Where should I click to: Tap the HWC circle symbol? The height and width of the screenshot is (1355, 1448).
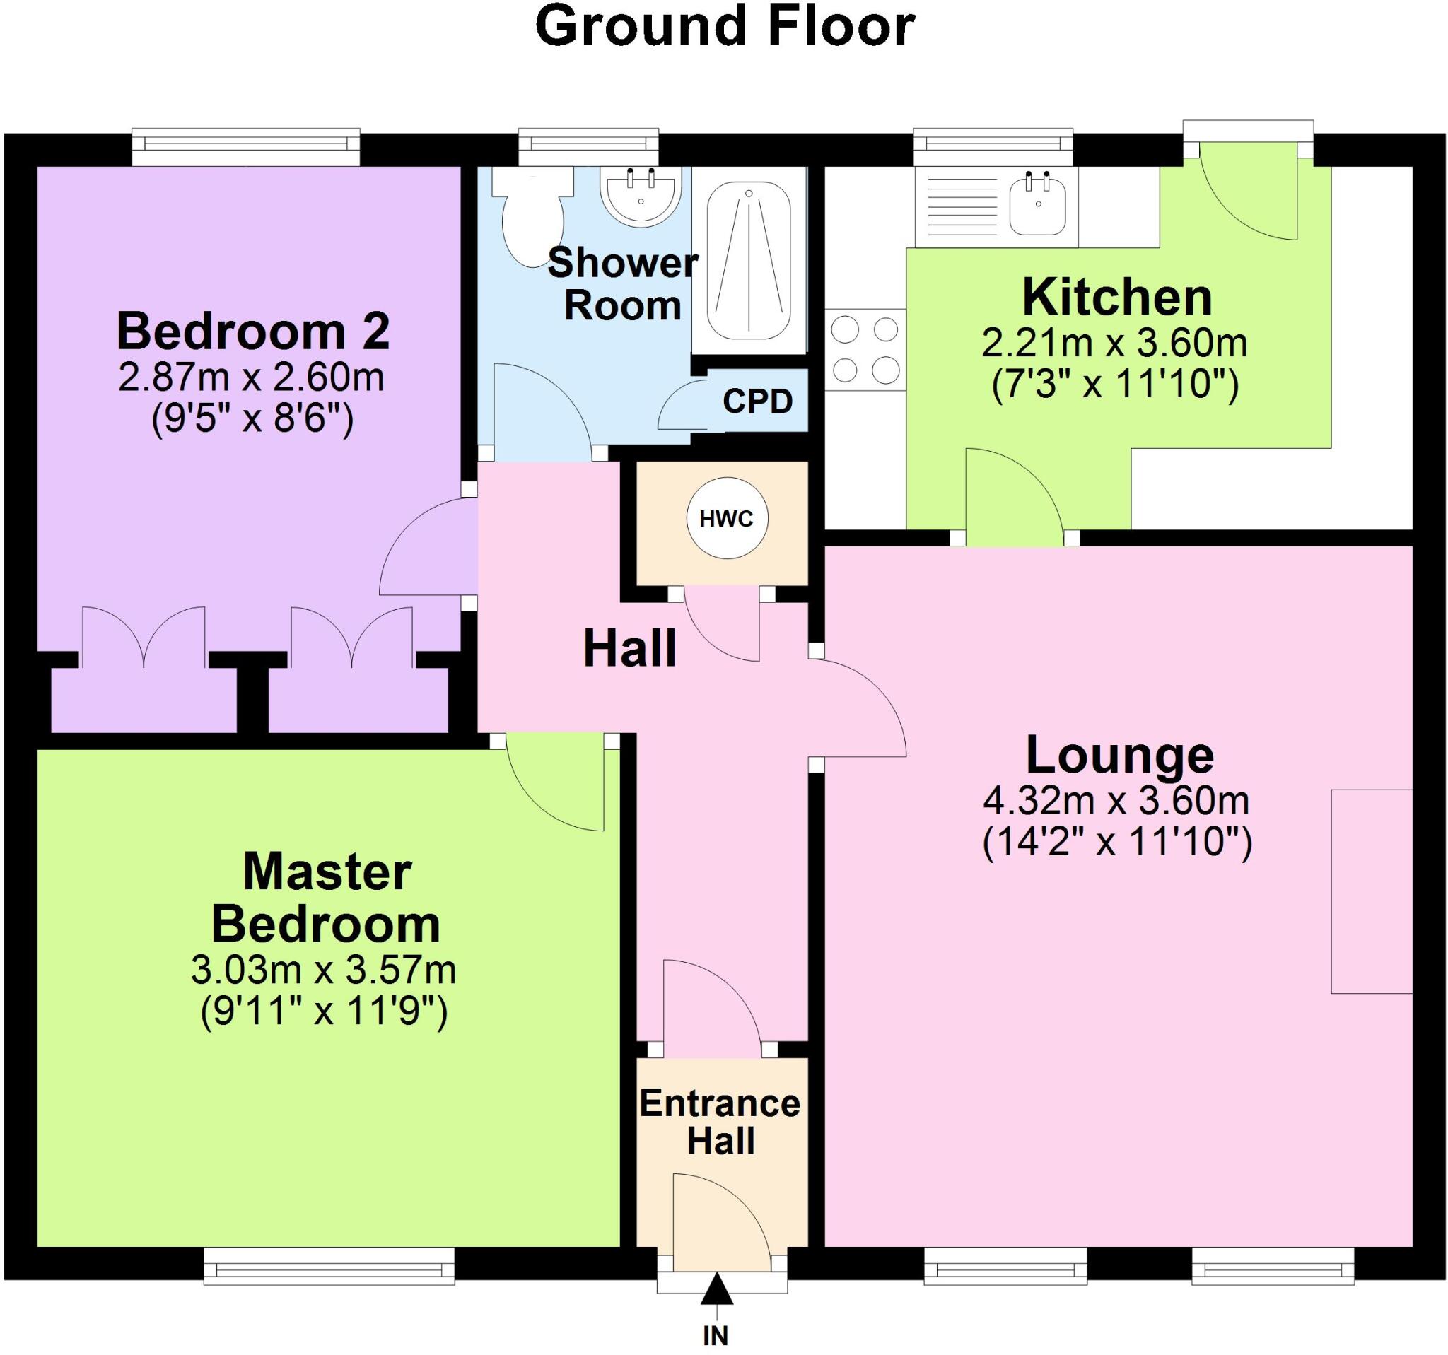coord(726,519)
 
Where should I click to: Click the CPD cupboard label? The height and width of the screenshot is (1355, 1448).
coord(757,401)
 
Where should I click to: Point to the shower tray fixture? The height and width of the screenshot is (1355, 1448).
coord(749,260)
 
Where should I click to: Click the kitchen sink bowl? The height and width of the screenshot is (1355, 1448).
coord(1038,208)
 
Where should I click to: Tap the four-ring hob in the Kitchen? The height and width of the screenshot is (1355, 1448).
coord(865,350)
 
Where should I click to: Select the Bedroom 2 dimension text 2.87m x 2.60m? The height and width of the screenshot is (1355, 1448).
coord(251,378)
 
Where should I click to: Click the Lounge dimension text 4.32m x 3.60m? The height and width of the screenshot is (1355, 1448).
coord(1116,801)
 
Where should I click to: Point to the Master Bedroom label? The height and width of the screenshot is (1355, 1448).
coord(327,897)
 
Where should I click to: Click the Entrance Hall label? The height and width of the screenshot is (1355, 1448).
coord(720,1121)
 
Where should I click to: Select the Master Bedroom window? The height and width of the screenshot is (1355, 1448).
coord(329,1269)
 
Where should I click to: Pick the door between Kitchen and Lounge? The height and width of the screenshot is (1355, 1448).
coord(1014,495)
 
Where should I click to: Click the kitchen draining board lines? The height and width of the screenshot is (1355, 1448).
coord(956,208)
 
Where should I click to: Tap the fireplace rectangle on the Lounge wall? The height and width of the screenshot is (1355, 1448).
coord(1371,891)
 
